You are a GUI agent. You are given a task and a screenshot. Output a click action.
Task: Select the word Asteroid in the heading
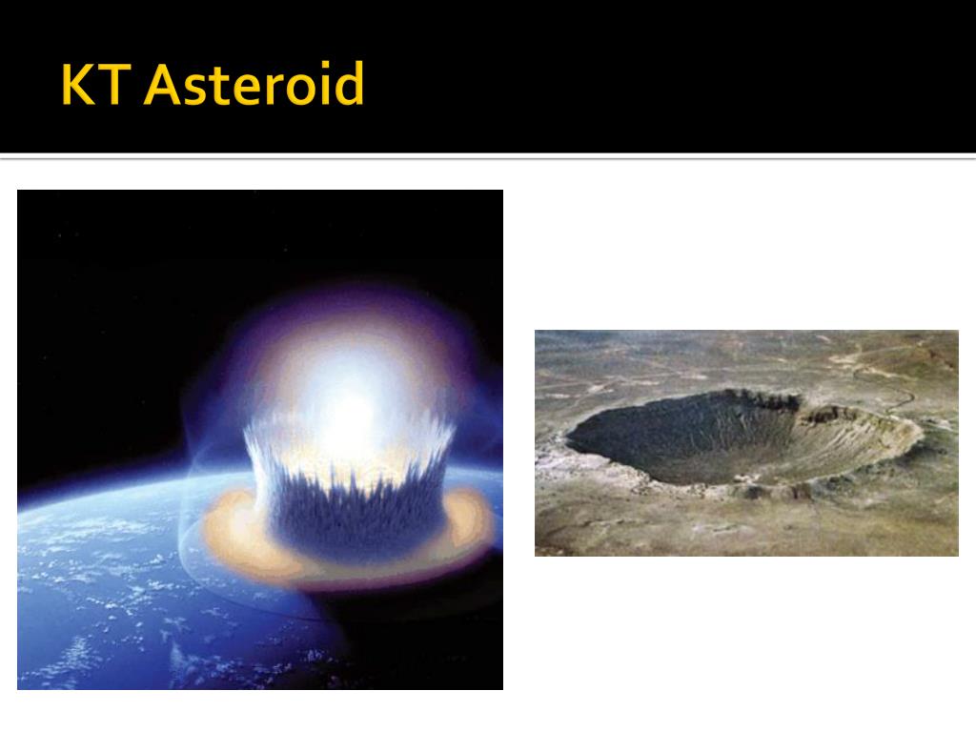(x=254, y=86)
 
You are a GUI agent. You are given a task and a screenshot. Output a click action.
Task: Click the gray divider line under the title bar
(x=488, y=157)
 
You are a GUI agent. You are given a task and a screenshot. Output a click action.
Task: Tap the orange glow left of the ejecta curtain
(x=234, y=534)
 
